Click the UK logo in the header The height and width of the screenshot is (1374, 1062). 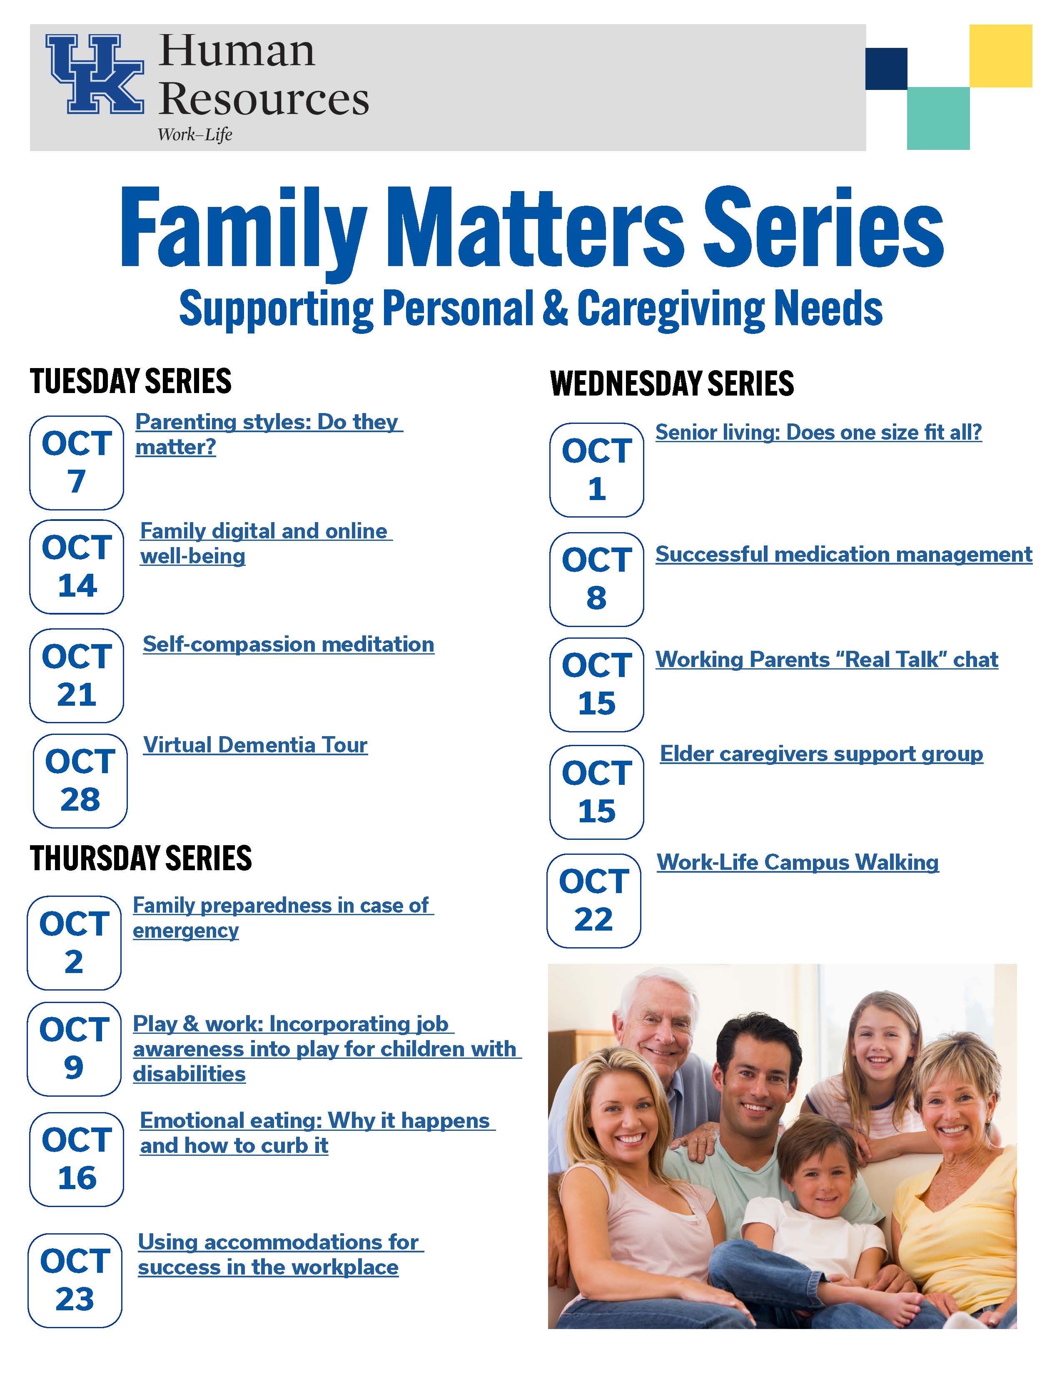coord(95,74)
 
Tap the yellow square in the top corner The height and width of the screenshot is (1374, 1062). coord(1000,55)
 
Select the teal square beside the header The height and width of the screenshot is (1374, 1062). coord(938,118)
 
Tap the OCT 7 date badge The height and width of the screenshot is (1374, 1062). coord(77,463)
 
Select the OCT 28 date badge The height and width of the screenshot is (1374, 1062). coord(80,781)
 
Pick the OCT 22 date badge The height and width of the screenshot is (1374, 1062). coord(594,900)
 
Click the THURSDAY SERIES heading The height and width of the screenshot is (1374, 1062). coord(141,858)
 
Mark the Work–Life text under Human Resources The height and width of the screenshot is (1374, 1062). coord(195,134)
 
